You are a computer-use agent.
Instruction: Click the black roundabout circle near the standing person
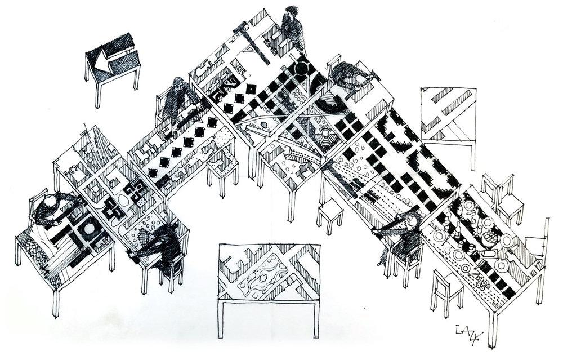[x=302, y=69]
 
